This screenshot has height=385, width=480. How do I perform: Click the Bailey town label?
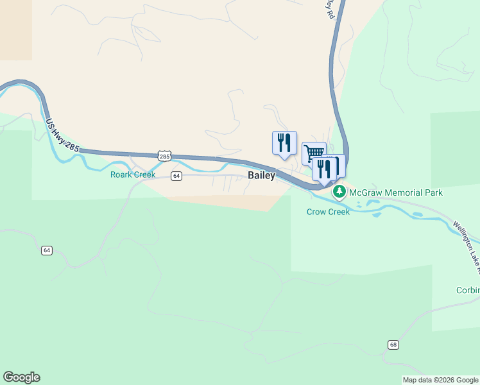tap(261, 176)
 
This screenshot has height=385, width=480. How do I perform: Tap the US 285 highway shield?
tap(164, 156)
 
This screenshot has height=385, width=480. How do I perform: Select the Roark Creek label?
tap(133, 175)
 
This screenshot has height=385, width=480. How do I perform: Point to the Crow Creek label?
tap(328, 212)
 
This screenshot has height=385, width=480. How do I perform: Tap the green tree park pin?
tap(339, 192)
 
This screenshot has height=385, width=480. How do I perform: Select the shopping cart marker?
tap(313, 153)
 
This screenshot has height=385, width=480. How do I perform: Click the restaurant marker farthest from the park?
tap(284, 142)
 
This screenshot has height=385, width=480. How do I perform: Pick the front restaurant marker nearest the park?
tap(323, 168)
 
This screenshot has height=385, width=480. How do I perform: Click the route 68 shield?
tap(393, 345)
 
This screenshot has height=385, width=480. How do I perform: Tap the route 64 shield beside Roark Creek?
tap(176, 175)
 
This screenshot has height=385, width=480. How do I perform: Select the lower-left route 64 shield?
tap(46, 250)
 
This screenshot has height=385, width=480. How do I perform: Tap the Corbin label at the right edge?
tap(468, 290)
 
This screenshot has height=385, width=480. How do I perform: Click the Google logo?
tap(21, 377)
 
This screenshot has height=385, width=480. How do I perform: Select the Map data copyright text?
tap(440, 380)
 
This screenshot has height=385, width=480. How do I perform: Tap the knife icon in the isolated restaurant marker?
tap(289, 142)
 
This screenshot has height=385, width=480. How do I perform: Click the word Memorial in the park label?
tap(404, 193)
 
